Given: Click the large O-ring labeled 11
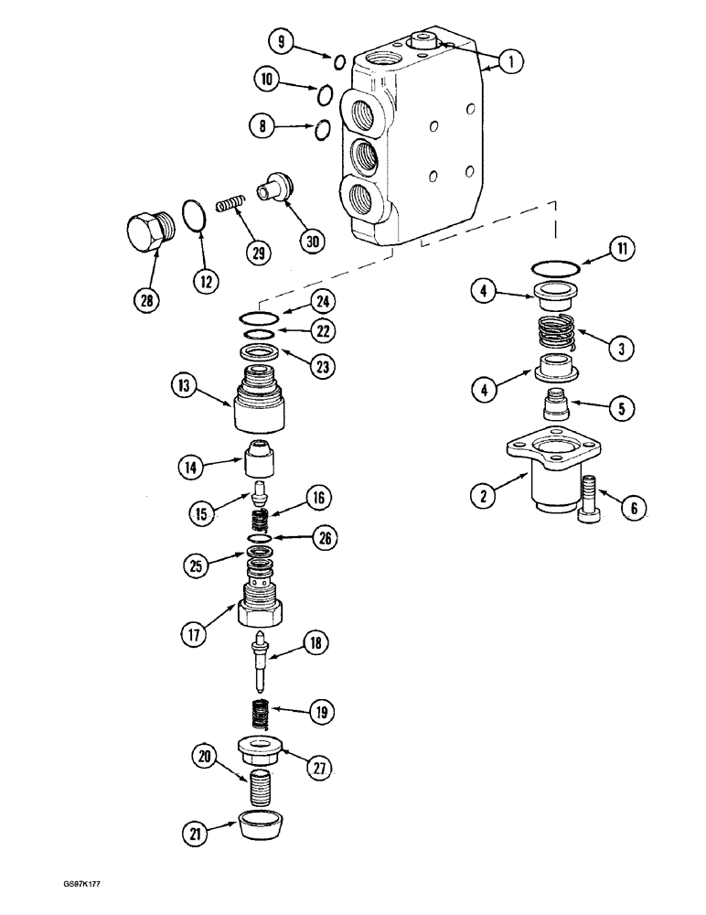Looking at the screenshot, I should (555, 267).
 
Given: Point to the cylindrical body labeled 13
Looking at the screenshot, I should (261, 403).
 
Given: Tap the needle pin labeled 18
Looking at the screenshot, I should (262, 662).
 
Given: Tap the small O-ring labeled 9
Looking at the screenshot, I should (337, 62).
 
